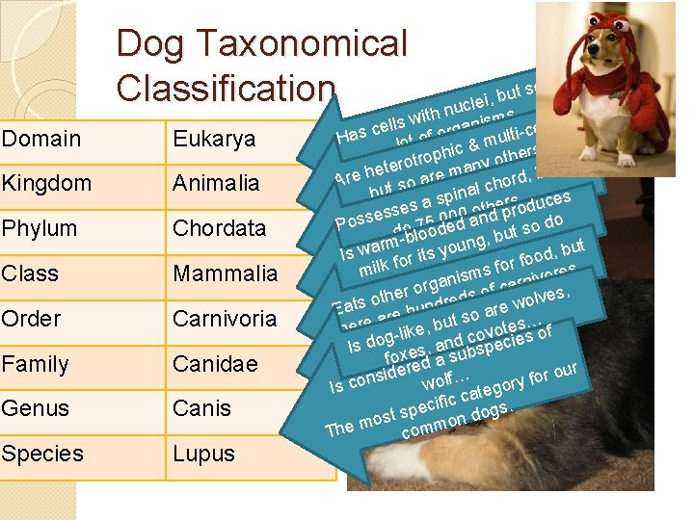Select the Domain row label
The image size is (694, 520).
(41, 139)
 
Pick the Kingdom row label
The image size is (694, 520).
(47, 183)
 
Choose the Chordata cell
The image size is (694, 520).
(219, 228)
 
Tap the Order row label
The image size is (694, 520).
(32, 319)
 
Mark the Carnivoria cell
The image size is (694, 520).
(224, 319)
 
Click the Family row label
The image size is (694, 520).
(36, 364)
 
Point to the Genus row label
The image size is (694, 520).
(36, 408)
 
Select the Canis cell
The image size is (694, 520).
(201, 408)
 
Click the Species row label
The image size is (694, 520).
(42, 454)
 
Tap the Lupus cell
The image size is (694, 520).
(204, 454)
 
